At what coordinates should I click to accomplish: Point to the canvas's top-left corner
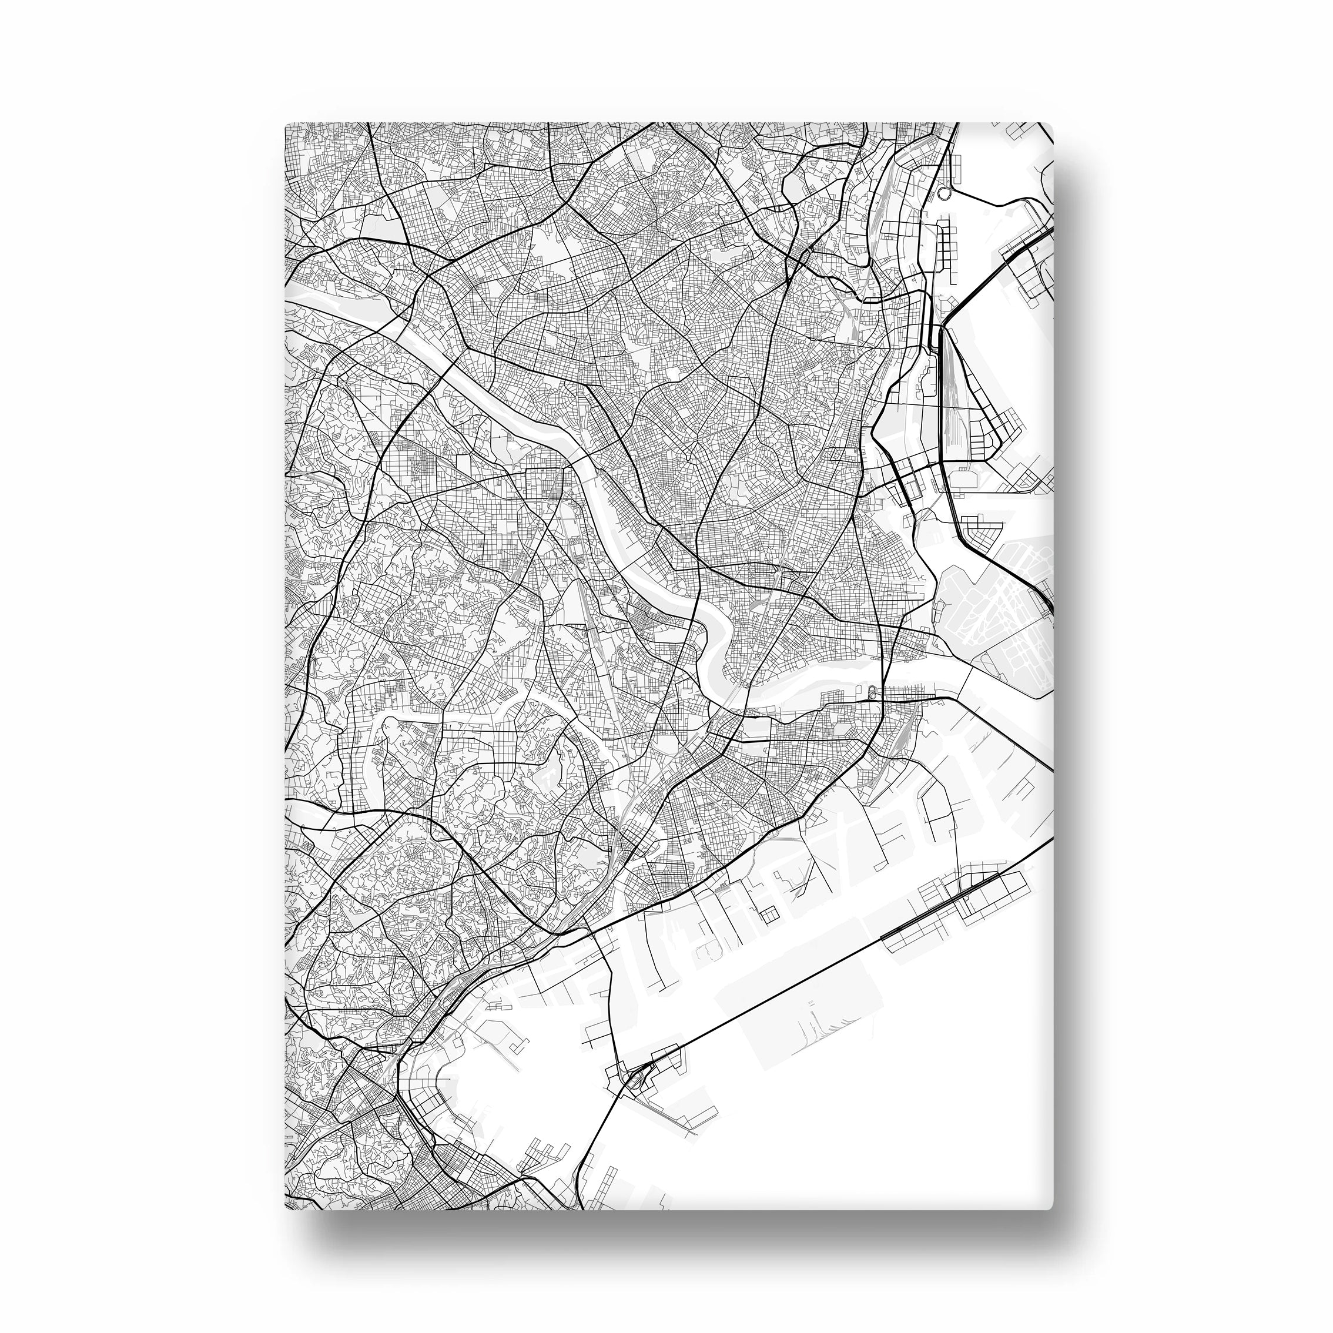click(x=286, y=123)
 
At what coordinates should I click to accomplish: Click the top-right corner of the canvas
click(x=1053, y=124)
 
